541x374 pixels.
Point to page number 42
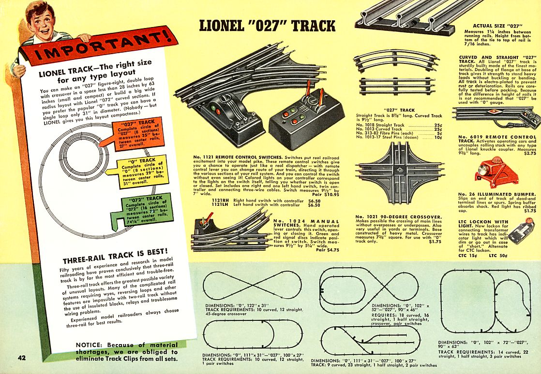tap(21, 358)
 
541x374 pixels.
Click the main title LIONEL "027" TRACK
tap(268, 27)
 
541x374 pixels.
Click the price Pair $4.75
tap(328, 250)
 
